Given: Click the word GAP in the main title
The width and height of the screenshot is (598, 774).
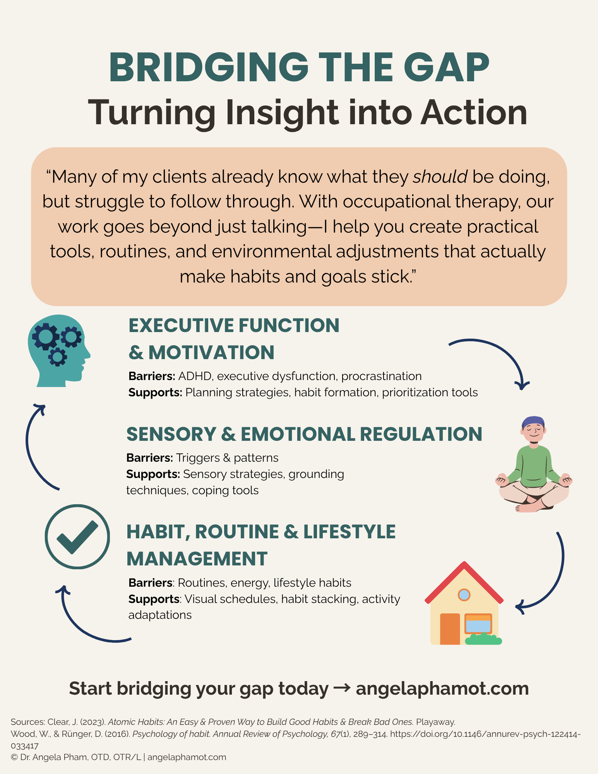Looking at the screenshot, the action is (x=446, y=67).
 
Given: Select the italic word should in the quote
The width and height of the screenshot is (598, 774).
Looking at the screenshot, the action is (x=440, y=176).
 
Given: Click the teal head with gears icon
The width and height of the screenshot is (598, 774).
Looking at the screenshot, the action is (x=59, y=351).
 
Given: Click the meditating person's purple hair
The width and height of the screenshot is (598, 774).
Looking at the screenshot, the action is (x=533, y=423).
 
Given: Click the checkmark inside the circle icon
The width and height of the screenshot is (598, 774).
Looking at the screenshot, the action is (x=77, y=537).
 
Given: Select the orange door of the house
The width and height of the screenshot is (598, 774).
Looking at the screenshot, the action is (x=450, y=628).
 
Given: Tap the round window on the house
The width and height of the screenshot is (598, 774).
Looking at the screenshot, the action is (x=464, y=594).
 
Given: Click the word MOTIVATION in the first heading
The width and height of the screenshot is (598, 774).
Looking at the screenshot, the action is (x=211, y=353).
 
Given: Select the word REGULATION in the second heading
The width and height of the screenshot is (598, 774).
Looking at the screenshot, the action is (x=421, y=434).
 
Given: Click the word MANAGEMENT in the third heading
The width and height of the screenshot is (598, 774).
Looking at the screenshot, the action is (x=197, y=559).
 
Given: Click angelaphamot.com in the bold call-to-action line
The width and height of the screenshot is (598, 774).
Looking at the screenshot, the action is (x=442, y=688).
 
